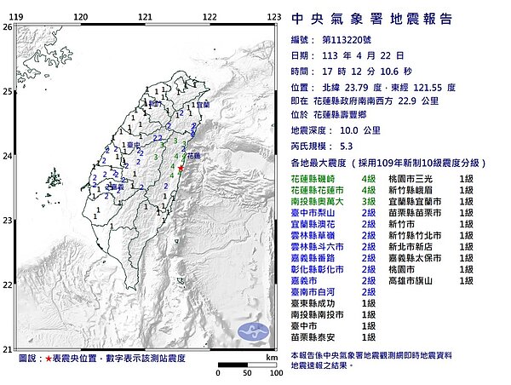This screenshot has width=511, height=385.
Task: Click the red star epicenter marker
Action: tap(181, 170)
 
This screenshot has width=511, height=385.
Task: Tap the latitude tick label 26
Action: tap(8, 27)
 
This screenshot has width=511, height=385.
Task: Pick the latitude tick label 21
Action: tap(8, 348)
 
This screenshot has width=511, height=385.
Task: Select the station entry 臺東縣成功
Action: tap(315, 302)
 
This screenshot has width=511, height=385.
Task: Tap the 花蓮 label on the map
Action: tap(192, 157)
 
